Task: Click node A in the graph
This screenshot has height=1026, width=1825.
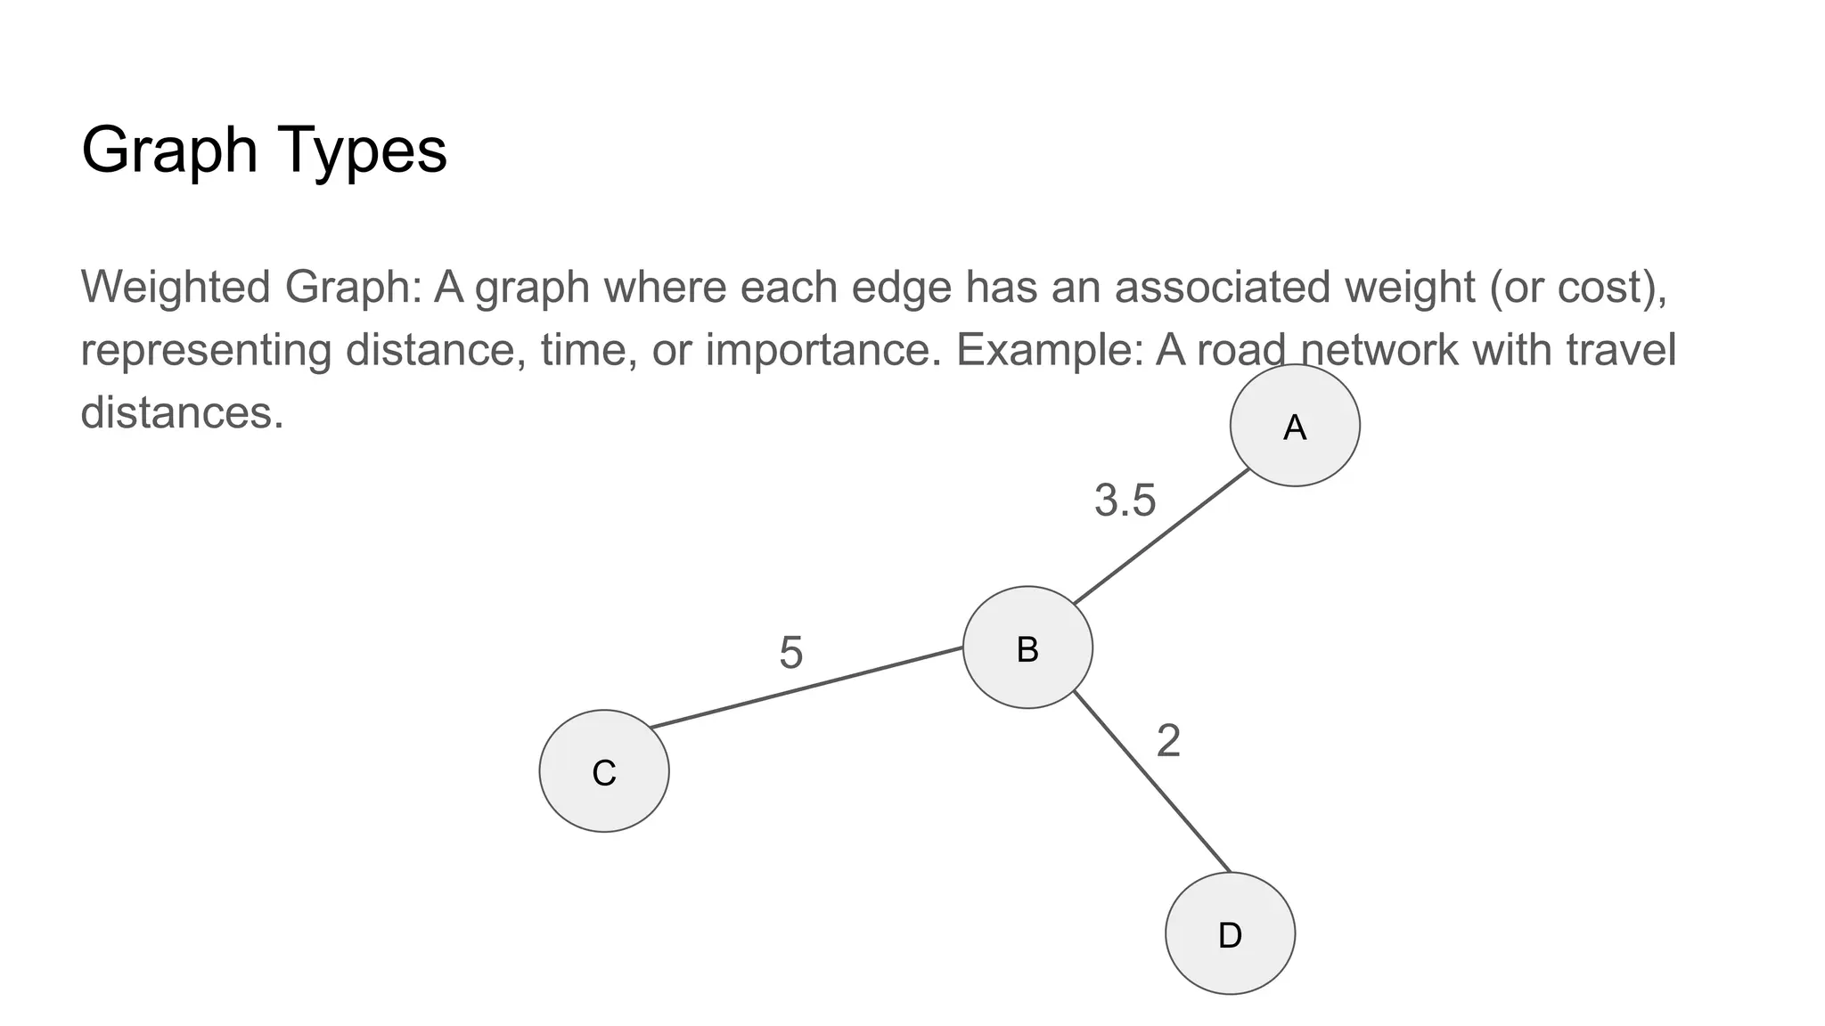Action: [1294, 426]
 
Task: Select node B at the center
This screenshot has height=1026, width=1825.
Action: [1027, 647]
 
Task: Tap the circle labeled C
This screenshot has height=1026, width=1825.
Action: [604, 771]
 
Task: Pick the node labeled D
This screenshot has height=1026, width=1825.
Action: [1230, 933]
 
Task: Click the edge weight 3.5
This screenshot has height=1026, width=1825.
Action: [1125, 500]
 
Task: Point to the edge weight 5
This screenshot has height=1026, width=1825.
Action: [791, 653]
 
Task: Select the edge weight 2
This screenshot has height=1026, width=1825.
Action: [1168, 741]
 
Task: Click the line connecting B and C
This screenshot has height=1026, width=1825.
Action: [806, 688]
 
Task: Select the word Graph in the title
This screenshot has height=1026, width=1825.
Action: [169, 150]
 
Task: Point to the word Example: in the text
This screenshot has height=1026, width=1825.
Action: [1049, 349]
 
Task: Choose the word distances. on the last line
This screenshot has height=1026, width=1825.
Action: [182, 411]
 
